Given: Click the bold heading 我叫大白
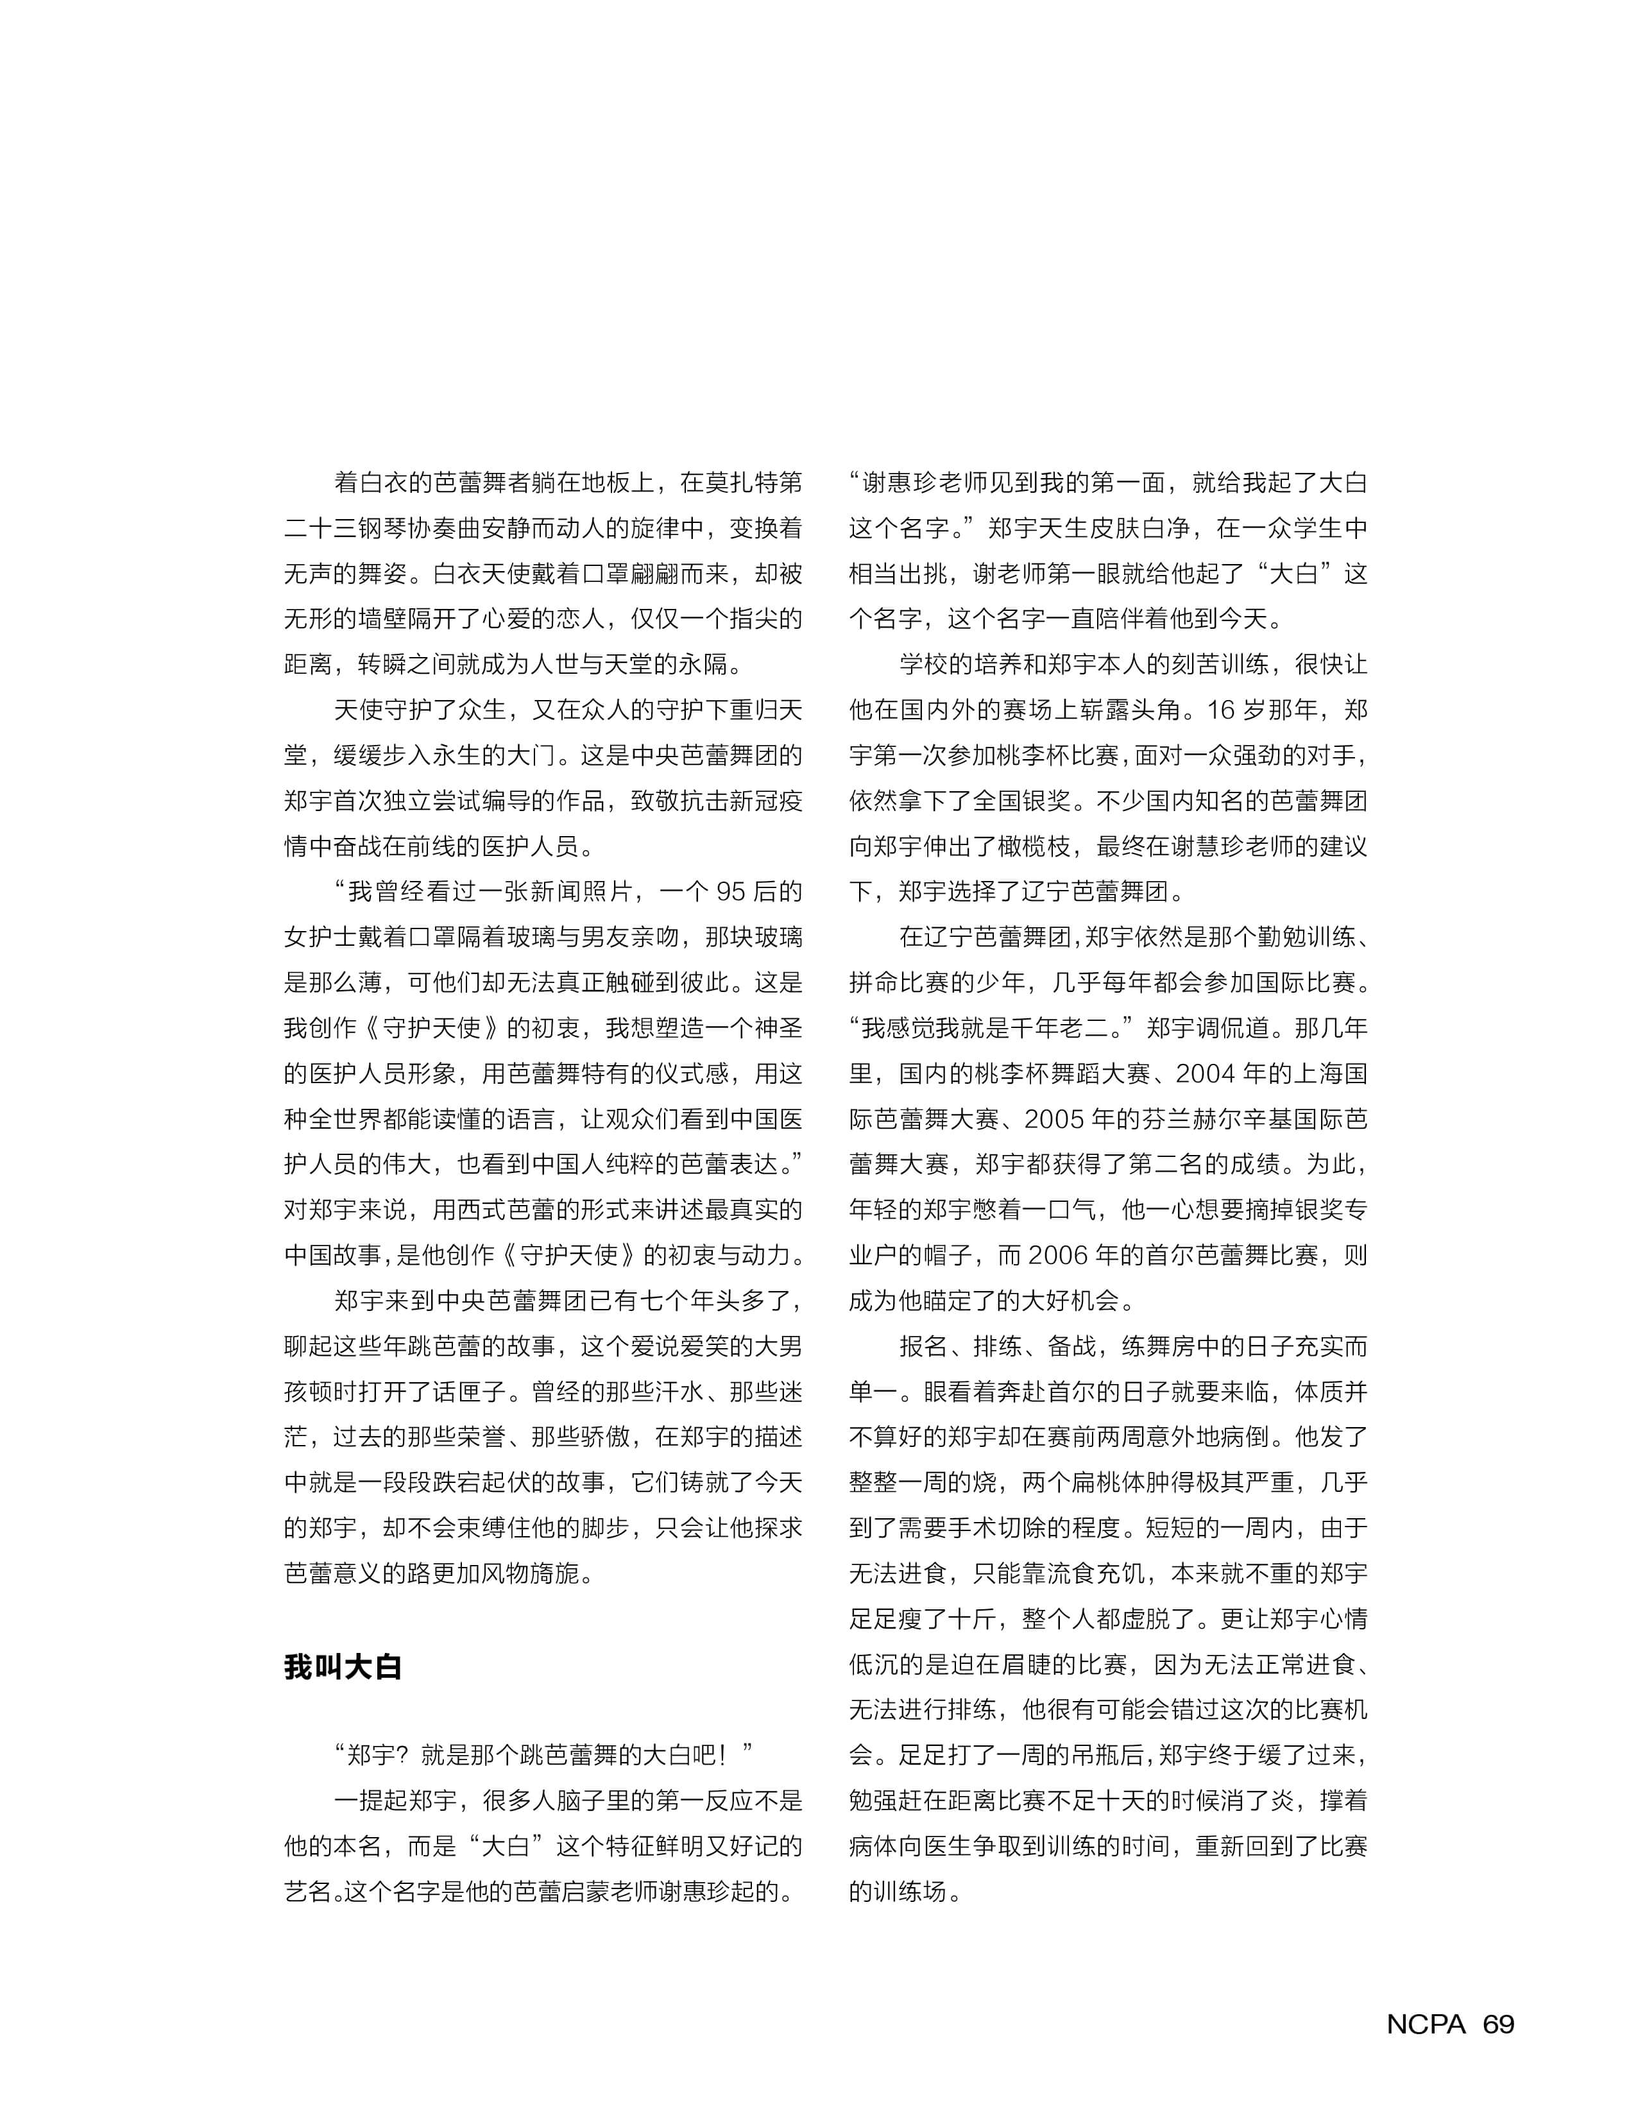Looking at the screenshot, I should coord(342,1667).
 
